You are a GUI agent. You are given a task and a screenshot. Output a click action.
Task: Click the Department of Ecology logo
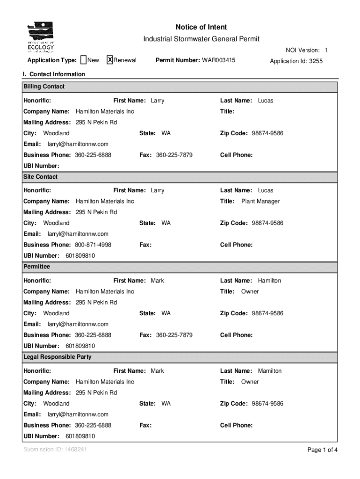coord(41,37)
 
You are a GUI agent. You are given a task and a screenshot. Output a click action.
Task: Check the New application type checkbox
coord(83,60)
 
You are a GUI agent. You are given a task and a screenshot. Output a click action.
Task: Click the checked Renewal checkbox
coord(110,60)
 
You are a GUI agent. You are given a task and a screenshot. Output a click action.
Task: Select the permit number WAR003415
coord(218,60)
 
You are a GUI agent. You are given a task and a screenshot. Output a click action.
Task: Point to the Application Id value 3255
coord(315,61)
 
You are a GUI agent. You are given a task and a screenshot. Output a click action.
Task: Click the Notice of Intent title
coord(201,27)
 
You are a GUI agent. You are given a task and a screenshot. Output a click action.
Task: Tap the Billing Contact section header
coord(44,87)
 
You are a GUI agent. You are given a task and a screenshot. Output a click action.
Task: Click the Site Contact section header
coord(41,177)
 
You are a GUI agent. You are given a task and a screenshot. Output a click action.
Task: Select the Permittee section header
coord(36,267)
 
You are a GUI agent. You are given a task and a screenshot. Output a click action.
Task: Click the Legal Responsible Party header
coord(58,357)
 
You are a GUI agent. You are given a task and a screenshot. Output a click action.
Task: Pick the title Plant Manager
coord(260,201)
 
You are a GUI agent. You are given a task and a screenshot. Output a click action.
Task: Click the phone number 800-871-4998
coord(93,245)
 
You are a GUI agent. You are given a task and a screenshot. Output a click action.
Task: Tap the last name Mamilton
coord(270,371)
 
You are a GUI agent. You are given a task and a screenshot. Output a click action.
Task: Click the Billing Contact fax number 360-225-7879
coord(174,155)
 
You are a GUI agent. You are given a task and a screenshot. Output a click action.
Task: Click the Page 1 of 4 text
coord(322,450)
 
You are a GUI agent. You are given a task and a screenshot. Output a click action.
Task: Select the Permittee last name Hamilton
coord(270,281)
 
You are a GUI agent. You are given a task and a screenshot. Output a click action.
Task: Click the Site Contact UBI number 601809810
coord(80,256)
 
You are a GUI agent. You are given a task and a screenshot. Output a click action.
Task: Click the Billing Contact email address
coord(78,144)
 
